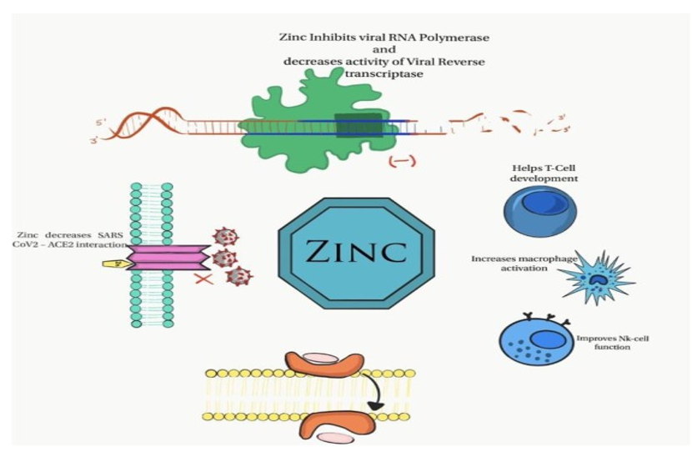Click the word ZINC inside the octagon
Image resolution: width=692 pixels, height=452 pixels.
point(356,251)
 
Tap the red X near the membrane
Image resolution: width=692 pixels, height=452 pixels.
point(204,279)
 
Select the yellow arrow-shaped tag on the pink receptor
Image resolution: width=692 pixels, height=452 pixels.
point(117,264)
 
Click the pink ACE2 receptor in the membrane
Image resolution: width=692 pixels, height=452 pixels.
point(168,258)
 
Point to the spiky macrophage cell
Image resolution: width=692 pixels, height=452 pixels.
point(598,278)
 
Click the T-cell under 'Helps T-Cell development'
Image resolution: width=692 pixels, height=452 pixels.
point(539,211)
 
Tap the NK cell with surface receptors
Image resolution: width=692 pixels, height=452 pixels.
point(536,338)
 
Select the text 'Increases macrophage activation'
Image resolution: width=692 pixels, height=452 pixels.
point(524,264)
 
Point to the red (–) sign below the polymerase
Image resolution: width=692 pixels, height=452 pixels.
point(402,162)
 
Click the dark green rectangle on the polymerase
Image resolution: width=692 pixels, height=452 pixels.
point(359,125)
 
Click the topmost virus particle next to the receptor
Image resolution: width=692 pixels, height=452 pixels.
point(225,237)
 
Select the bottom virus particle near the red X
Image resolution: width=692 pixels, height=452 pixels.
point(238,276)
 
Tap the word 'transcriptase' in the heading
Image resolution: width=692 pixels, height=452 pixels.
point(384,73)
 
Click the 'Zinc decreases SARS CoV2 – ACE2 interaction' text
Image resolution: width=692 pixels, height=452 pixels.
point(71,239)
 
